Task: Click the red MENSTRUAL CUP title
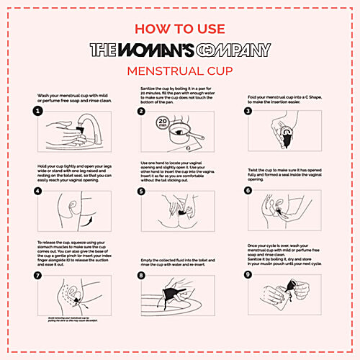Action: (180, 71)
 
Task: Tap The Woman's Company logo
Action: (180, 50)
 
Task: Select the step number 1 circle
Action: (35, 112)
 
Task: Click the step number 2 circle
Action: (143, 112)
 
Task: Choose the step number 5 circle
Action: (143, 192)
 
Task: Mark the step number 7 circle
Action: (35, 274)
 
